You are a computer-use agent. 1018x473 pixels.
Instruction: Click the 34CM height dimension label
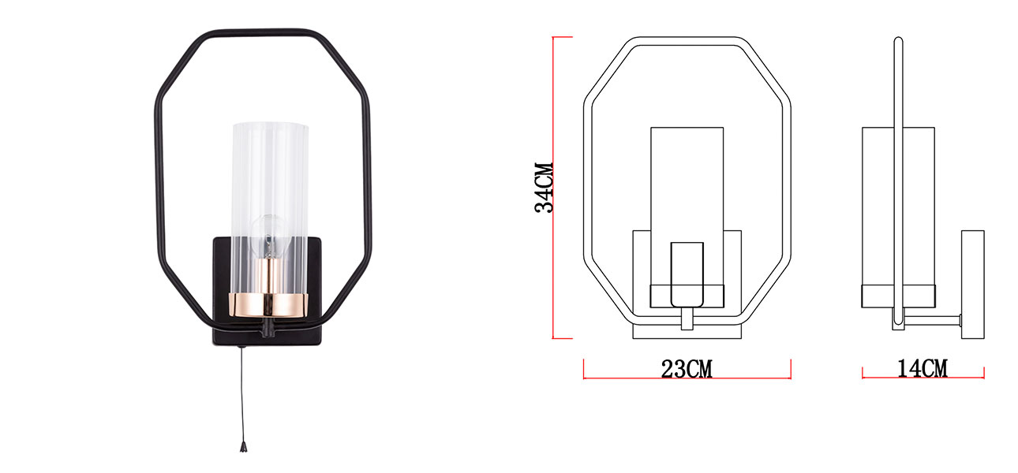click(544, 188)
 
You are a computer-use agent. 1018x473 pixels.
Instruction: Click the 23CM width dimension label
click(687, 369)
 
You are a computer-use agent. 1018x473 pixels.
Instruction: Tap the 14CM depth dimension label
click(922, 368)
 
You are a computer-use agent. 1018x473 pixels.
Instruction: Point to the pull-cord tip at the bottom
click(243, 447)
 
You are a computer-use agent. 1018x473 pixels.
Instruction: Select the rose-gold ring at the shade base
click(268, 305)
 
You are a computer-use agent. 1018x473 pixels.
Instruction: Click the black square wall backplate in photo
click(268, 291)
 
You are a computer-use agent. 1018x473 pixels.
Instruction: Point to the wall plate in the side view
click(972, 284)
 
